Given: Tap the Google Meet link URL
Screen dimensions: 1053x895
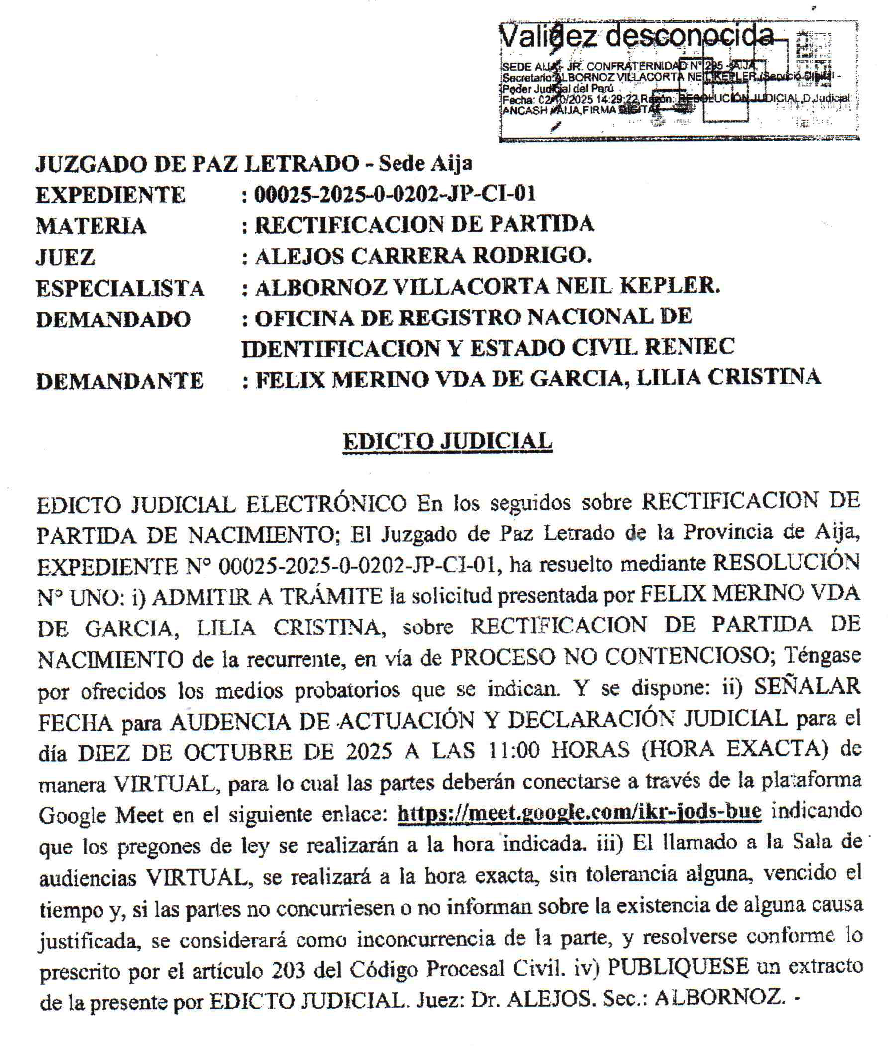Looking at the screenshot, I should click(579, 812).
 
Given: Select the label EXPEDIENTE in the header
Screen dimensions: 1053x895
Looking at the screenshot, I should click(110, 195).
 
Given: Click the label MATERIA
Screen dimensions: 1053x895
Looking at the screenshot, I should click(92, 226).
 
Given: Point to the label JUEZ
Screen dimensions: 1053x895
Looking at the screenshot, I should click(66, 257).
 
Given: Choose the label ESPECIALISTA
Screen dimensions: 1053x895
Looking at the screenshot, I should click(120, 288).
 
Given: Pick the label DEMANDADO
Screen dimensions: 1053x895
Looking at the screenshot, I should click(113, 319).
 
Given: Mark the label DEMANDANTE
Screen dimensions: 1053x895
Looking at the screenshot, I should click(120, 381).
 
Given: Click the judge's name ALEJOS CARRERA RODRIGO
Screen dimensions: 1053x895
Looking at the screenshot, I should click(423, 256).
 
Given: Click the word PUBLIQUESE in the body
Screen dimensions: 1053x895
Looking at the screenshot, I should click(679, 967).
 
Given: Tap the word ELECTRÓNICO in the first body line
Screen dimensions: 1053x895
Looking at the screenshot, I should click(326, 504).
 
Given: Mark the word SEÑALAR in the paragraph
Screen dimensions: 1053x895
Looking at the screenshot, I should click(807, 687).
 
